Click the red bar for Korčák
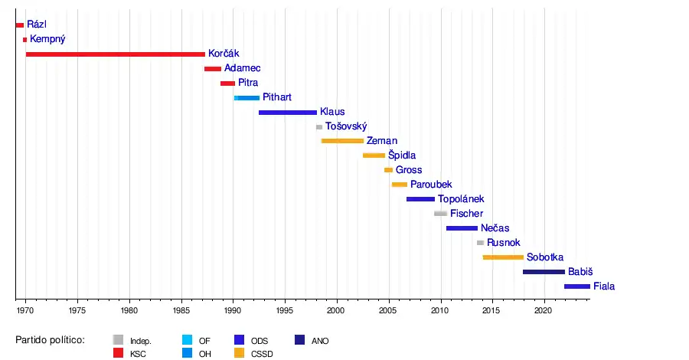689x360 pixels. (115, 54)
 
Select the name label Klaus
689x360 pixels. (332, 112)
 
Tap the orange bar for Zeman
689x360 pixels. (342, 141)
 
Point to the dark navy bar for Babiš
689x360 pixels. (544, 272)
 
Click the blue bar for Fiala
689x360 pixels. (577, 286)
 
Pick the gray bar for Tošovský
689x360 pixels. (319, 126)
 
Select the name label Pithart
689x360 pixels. (276, 97)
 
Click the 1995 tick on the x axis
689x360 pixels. (285, 300)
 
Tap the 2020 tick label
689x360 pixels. (543, 311)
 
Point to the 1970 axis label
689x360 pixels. (25, 311)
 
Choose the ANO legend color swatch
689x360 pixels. (300, 340)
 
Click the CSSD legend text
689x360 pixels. (262, 354)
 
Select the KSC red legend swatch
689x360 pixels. (118, 354)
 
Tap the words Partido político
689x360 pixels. (50, 340)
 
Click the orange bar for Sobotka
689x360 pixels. (503, 257)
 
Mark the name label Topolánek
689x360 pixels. (461, 199)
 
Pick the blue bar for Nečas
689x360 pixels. (462, 228)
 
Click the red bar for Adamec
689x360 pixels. (212, 69)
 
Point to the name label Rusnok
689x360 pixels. (504, 243)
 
